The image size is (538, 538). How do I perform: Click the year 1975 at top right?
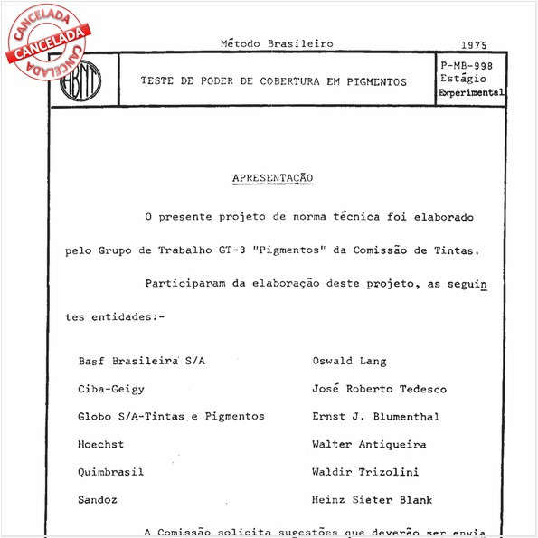pos(473,44)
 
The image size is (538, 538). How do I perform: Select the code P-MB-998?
pos(467,66)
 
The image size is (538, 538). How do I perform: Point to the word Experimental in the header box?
pos(471,92)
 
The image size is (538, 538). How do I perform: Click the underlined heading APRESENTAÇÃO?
pos(272,178)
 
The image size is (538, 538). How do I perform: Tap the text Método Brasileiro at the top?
pos(277,43)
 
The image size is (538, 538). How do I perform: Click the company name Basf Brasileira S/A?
pos(142,361)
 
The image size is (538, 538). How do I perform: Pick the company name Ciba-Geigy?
pos(111,389)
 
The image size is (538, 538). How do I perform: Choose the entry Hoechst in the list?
pos(101,444)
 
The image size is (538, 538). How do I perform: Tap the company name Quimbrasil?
pos(111,472)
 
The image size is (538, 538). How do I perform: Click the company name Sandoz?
pos(98,499)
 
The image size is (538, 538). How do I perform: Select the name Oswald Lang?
pos(348,361)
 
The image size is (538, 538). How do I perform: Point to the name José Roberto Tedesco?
pos(379,389)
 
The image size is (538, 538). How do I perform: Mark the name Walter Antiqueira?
pos(368,444)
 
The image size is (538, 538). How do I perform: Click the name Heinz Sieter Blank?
pos(372,499)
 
